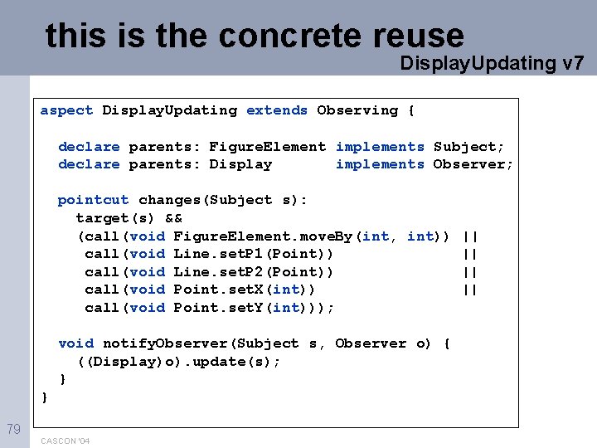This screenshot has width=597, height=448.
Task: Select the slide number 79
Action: coord(13,429)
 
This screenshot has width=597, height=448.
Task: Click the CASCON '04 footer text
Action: coord(65,441)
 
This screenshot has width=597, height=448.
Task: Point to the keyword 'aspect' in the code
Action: coord(66,110)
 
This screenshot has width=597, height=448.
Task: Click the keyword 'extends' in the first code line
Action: coord(277,110)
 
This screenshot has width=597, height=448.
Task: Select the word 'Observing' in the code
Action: coord(357,110)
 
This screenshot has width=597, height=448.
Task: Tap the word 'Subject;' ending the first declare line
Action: coord(468,147)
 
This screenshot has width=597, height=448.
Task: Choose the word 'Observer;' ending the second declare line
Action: coord(473,164)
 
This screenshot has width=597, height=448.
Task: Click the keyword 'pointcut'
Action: coord(93,200)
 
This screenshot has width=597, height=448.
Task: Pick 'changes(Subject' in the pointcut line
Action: coord(205,200)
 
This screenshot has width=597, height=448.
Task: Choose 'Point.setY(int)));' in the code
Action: coord(253,308)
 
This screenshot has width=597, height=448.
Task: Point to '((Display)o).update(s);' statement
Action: coord(178,362)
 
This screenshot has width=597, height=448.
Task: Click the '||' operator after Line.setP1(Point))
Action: coord(470,254)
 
